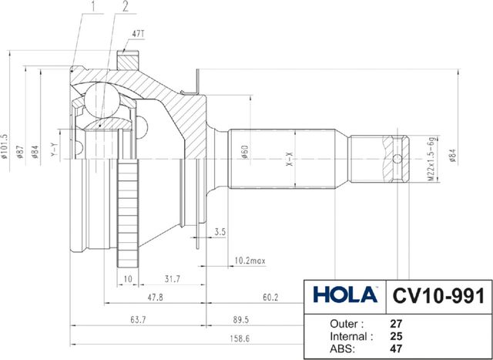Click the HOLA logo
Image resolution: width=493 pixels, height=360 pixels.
click(345, 294)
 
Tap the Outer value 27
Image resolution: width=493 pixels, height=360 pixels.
click(397, 324)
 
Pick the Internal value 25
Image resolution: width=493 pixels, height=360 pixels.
click(397, 336)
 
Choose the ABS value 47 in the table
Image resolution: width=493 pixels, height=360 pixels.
click(397, 349)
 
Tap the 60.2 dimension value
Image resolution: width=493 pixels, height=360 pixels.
click(270, 297)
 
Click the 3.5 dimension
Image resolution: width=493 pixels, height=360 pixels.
click(220, 231)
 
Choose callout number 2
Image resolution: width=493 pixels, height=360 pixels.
click(125, 7)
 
